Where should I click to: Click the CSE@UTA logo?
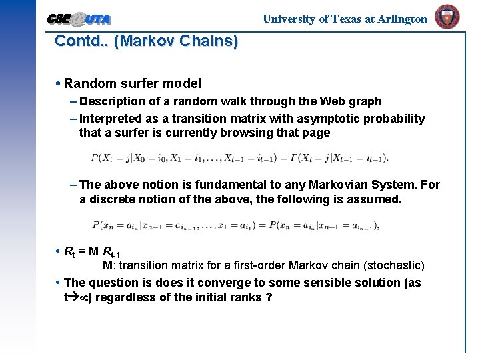click(79, 19)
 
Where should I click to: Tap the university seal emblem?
click(447, 17)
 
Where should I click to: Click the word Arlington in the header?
click(402, 19)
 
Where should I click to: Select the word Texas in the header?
click(346, 19)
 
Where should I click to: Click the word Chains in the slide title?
click(209, 41)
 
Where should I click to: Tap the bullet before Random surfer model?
click(59, 83)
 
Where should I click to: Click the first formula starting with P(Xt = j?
click(239, 159)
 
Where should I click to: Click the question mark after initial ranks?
click(268, 297)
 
